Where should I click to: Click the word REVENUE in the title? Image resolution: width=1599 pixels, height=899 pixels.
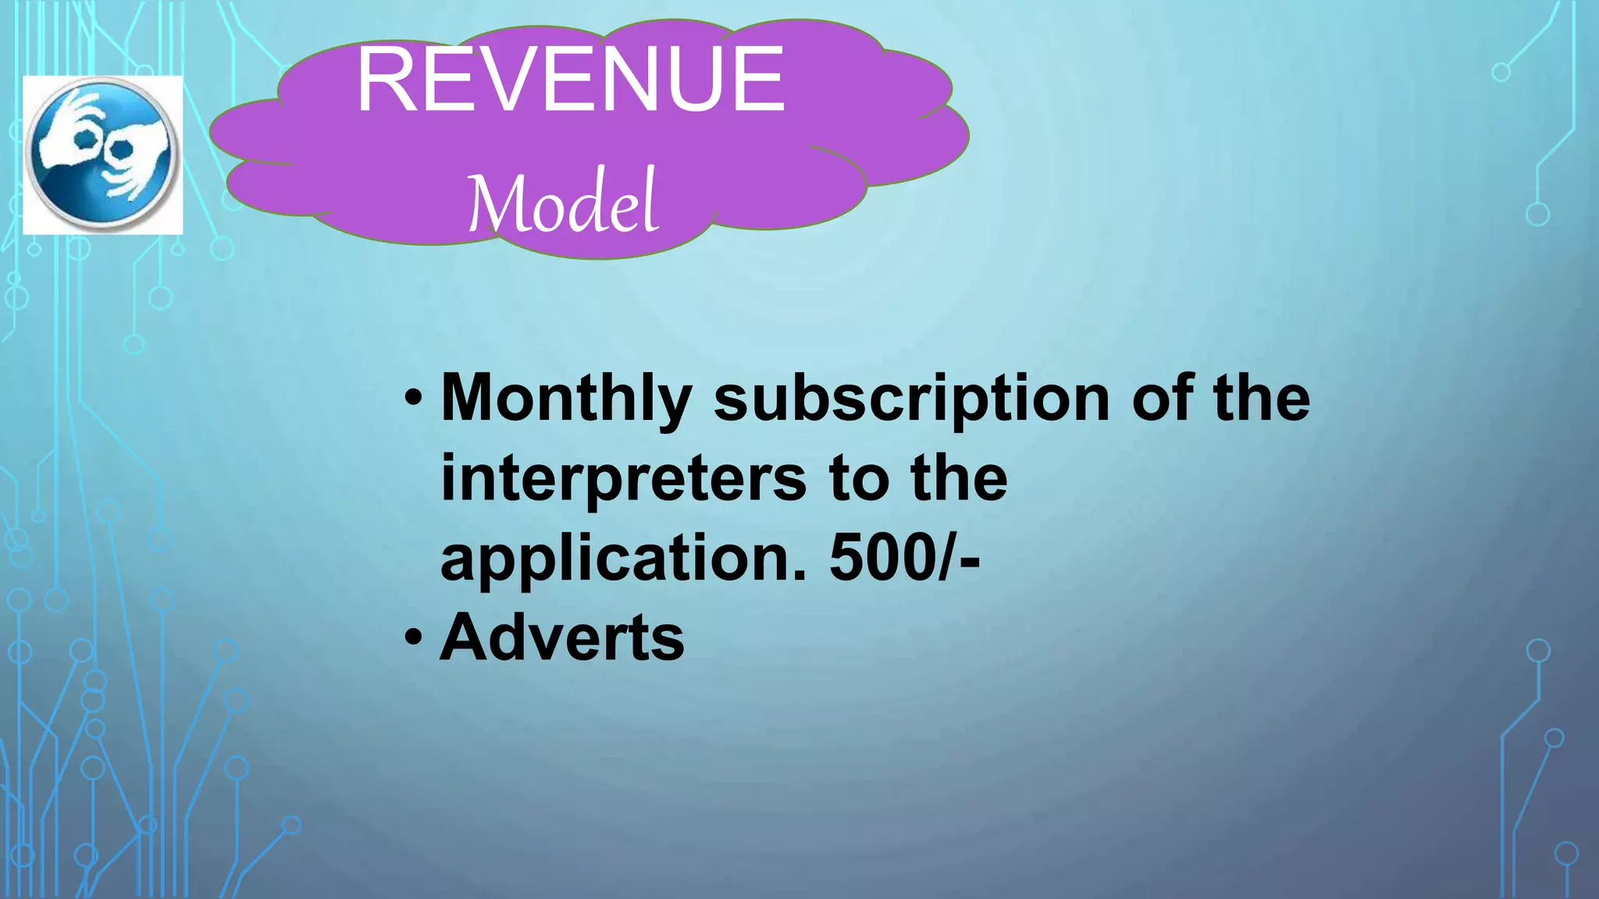[x=570, y=80]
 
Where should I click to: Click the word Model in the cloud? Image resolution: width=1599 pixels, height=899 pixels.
[x=562, y=203]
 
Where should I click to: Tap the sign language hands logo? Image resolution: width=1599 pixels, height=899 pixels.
[x=102, y=155]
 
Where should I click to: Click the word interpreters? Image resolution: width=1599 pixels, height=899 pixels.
[x=623, y=479]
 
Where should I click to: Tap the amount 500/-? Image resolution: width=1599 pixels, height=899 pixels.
[x=904, y=559]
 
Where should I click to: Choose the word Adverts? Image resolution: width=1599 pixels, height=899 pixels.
[x=562, y=638]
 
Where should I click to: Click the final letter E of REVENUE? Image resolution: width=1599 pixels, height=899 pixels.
[x=759, y=80]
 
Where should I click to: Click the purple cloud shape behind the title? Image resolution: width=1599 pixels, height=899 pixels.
[x=859, y=156]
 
